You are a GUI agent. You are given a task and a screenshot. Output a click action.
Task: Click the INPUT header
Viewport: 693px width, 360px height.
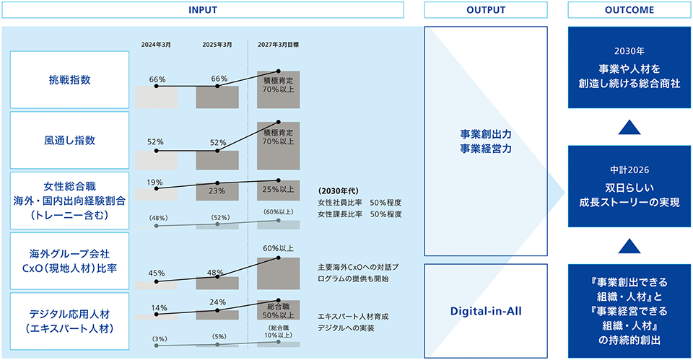(203, 9)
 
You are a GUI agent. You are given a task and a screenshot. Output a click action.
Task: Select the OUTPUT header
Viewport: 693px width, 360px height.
(486, 9)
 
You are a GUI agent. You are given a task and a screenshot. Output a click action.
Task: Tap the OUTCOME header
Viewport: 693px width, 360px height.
(629, 9)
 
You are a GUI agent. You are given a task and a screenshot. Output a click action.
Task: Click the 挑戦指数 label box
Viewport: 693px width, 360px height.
(70, 80)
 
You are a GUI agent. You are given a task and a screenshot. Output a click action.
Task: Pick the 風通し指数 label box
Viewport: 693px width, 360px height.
(70, 141)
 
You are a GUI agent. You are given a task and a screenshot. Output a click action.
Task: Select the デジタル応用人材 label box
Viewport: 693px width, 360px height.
(70, 321)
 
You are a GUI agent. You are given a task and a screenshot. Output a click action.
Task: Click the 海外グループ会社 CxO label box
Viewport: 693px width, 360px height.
(70, 261)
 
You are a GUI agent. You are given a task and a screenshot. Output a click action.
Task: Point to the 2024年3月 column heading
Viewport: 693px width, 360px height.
(156, 45)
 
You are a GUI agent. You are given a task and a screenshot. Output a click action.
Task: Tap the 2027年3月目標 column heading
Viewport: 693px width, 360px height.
(279, 45)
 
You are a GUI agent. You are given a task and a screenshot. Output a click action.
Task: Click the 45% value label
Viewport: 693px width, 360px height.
(157, 273)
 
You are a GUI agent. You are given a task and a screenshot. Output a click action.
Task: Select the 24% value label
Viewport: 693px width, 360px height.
(217, 302)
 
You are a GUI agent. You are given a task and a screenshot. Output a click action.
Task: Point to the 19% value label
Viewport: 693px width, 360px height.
(155, 183)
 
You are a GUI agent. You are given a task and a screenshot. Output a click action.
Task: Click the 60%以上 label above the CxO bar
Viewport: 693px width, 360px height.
(279, 249)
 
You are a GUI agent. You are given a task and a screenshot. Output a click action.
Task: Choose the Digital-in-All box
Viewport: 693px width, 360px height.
(486, 311)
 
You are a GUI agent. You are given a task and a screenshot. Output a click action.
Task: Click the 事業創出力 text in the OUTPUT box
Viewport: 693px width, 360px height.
(486, 134)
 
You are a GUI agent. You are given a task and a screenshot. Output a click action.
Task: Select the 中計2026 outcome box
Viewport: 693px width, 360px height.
(629, 186)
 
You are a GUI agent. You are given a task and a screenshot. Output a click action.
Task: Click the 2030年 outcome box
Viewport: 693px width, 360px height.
(629, 68)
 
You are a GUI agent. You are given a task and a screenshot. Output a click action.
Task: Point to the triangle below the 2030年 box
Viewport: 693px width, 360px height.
(629, 128)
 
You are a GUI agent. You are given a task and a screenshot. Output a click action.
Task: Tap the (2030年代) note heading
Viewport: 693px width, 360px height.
(339, 191)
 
